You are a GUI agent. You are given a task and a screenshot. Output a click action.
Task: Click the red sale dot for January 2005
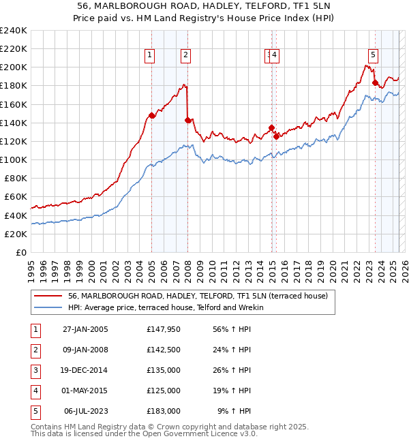pyautogui.click(x=152, y=115)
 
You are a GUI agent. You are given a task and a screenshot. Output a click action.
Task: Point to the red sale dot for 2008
pyautogui.click(x=187, y=119)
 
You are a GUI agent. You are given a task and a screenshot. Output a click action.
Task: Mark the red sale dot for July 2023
pyautogui.click(x=375, y=82)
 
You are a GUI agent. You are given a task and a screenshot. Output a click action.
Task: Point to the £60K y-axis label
pyautogui.click(x=16, y=197)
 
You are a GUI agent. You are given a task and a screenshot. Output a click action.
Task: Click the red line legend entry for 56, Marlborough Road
pyautogui.click(x=198, y=296)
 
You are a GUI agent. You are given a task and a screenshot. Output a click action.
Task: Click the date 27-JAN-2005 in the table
pyautogui.click(x=85, y=329)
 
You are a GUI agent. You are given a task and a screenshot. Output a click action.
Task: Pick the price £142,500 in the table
pyautogui.click(x=164, y=350)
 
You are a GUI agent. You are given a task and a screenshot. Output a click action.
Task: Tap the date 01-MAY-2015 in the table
pyautogui.click(x=85, y=391)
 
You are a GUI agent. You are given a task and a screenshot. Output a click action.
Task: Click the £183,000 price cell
pyautogui.click(x=164, y=411)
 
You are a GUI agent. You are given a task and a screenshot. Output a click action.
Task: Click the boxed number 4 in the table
pyautogui.click(x=34, y=391)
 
